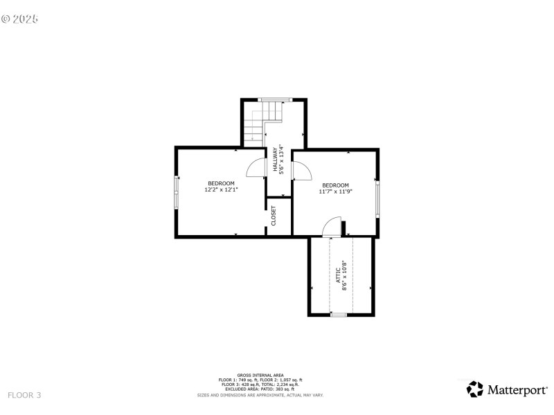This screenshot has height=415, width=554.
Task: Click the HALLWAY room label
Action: tap(275, 160)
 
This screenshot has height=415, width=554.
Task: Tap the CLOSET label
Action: tap(274, 216)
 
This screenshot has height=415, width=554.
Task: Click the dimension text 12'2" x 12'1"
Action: tap(221, 189)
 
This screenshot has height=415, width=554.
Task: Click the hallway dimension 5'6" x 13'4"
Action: tap(281, 160)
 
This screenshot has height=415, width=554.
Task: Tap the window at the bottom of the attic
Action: tap(338, 315)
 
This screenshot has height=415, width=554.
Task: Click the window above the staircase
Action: tap(273, 100)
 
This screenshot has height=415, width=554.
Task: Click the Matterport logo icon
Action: tap(475, 389)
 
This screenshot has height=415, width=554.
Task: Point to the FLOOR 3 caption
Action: tap(24, 395)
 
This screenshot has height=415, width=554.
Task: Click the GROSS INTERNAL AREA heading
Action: tap(260, 375)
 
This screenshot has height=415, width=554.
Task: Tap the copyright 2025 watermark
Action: tap(19, 19)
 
